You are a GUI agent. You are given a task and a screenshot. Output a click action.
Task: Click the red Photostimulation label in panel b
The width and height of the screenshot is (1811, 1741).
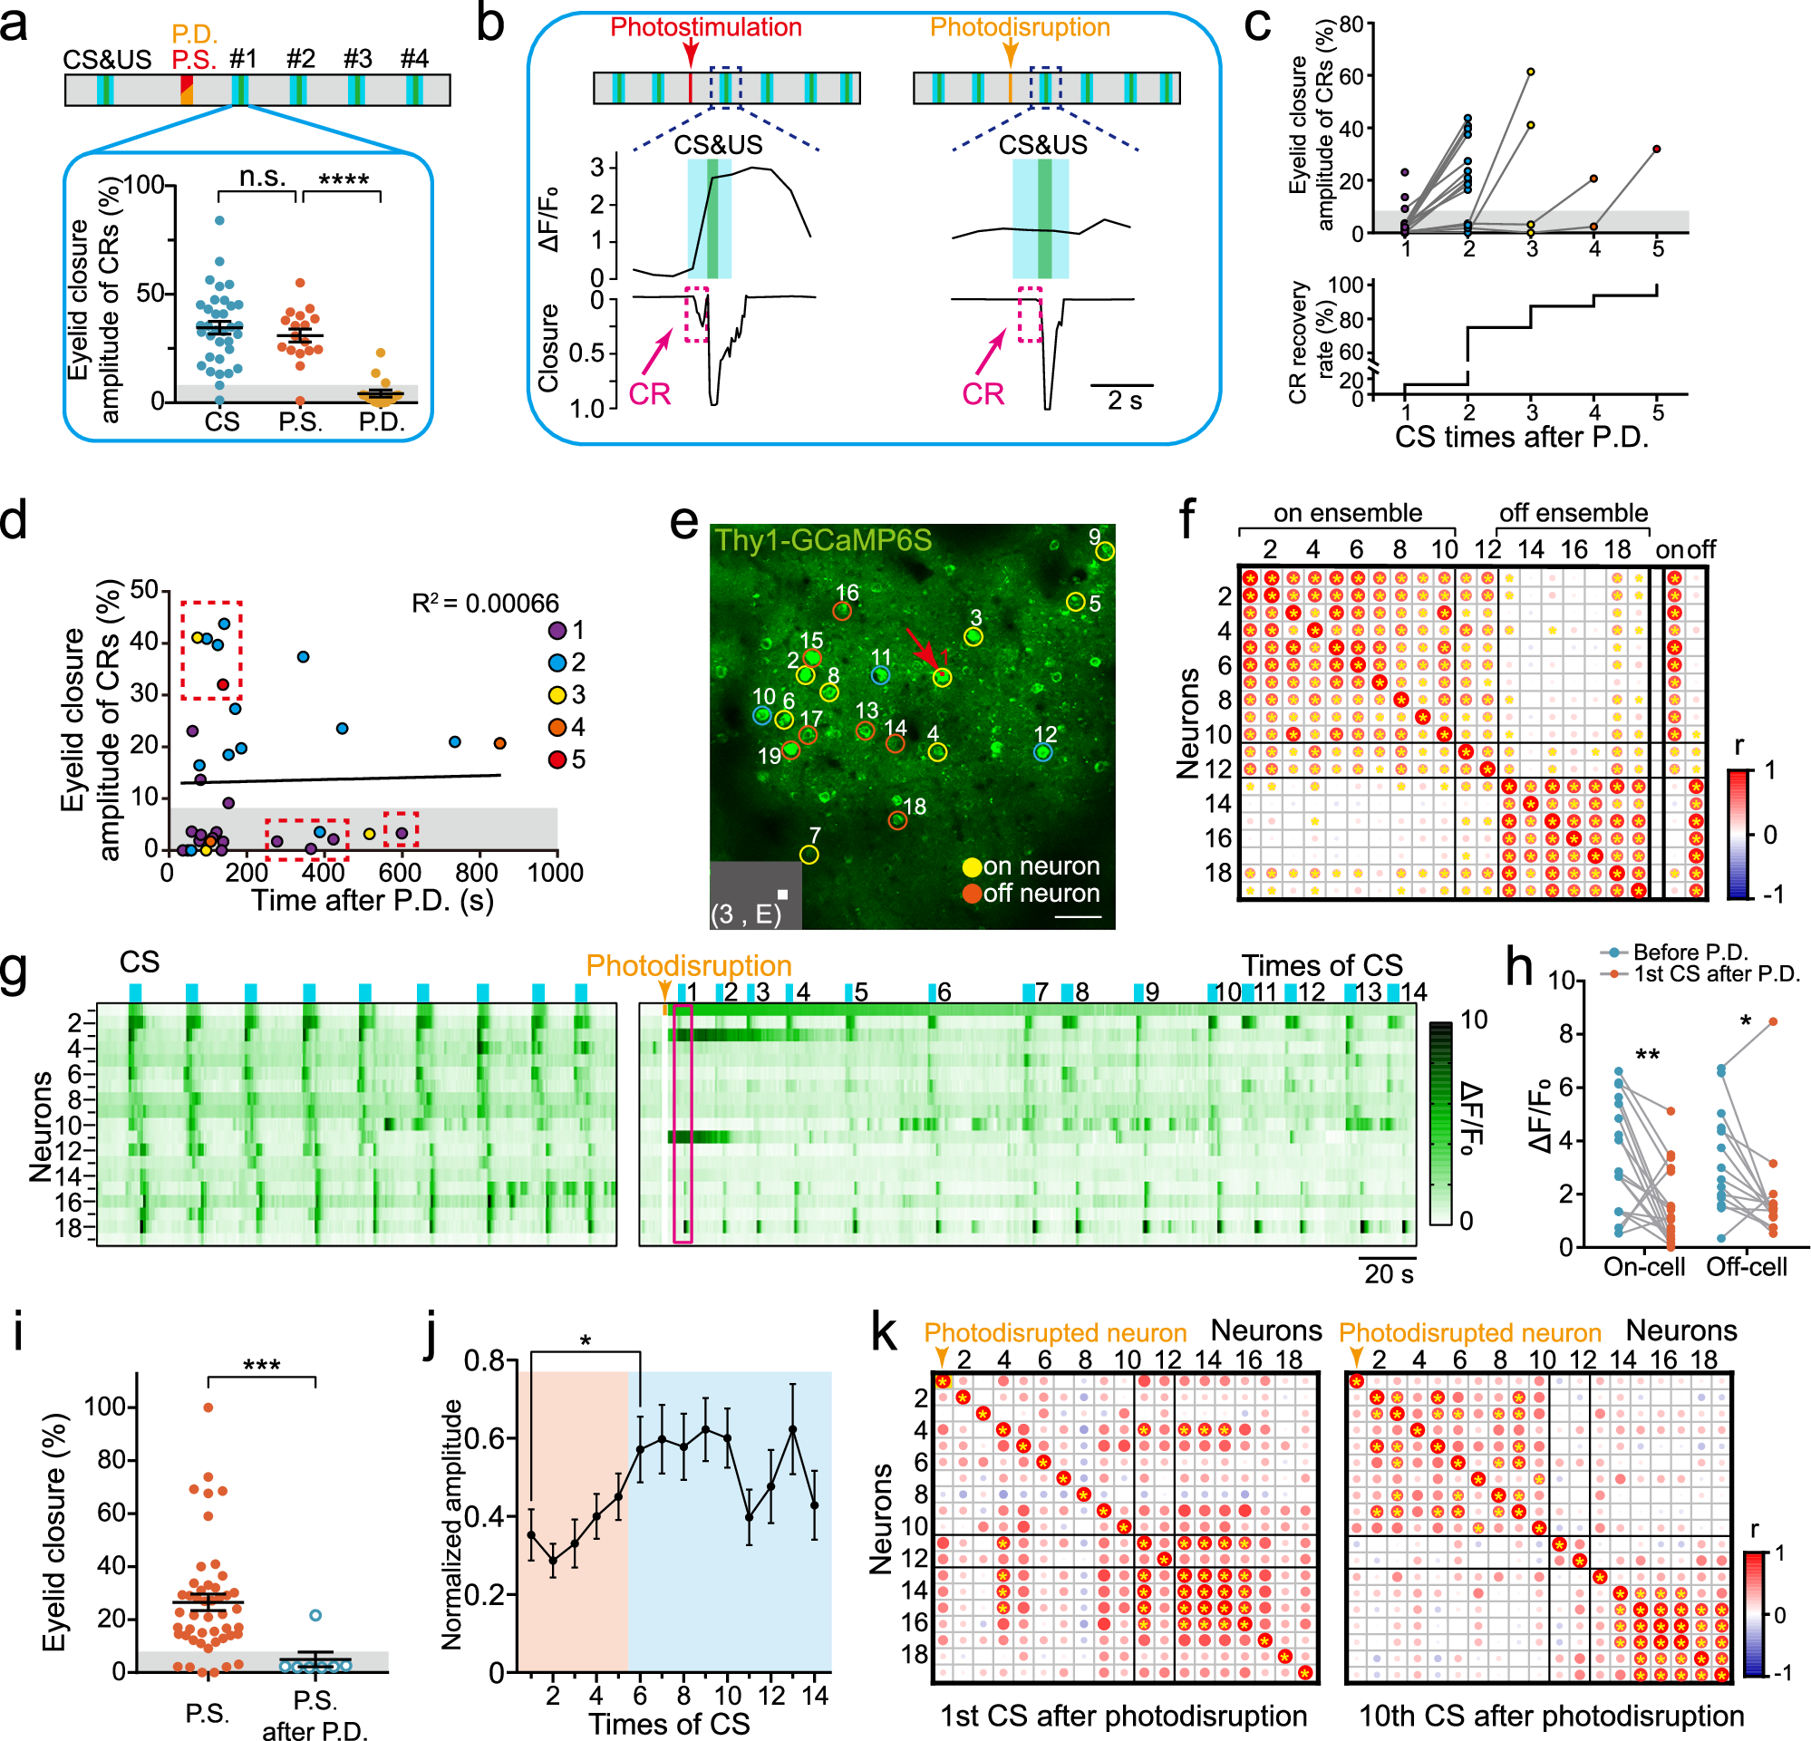coord(706,27)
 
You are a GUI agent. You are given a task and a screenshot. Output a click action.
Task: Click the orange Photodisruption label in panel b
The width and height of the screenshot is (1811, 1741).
coord(1019,27)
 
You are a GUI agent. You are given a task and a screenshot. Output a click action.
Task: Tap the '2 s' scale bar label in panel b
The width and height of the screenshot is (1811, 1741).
coord(1125,401)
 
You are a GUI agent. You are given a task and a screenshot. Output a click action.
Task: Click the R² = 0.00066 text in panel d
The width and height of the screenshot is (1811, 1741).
coord(485,604)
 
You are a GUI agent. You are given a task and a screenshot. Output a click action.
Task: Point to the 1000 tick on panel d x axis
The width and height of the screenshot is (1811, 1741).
coord(555,873)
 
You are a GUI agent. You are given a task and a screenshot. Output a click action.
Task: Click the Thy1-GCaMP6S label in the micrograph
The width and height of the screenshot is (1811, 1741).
coord(823,540)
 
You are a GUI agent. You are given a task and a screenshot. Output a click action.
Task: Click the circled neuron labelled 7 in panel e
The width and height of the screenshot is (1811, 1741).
coord(809,855)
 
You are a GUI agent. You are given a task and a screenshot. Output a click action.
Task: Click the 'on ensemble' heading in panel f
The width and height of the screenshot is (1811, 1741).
coord(1347,513)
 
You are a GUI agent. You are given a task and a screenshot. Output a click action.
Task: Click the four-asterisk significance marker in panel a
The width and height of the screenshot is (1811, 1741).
coord(343,179)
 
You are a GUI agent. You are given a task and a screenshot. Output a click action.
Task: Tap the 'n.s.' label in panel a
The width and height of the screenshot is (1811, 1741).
coord(263,176)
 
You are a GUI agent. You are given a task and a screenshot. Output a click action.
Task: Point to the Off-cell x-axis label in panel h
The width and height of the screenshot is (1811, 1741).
coord(1746,1266)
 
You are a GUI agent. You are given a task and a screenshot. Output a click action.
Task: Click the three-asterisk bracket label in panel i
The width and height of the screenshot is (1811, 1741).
coord(261,1364)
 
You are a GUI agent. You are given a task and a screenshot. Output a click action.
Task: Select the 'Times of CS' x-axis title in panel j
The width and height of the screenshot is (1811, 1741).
coord(669,1724)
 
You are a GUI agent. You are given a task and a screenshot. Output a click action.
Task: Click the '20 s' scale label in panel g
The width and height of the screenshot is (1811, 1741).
coord(1389,1273)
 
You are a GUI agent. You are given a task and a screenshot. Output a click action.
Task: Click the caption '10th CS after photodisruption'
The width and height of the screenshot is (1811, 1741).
coord(1551,1715)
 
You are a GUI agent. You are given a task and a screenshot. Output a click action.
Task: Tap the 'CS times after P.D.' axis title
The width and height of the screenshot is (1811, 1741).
coord(1521,436)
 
